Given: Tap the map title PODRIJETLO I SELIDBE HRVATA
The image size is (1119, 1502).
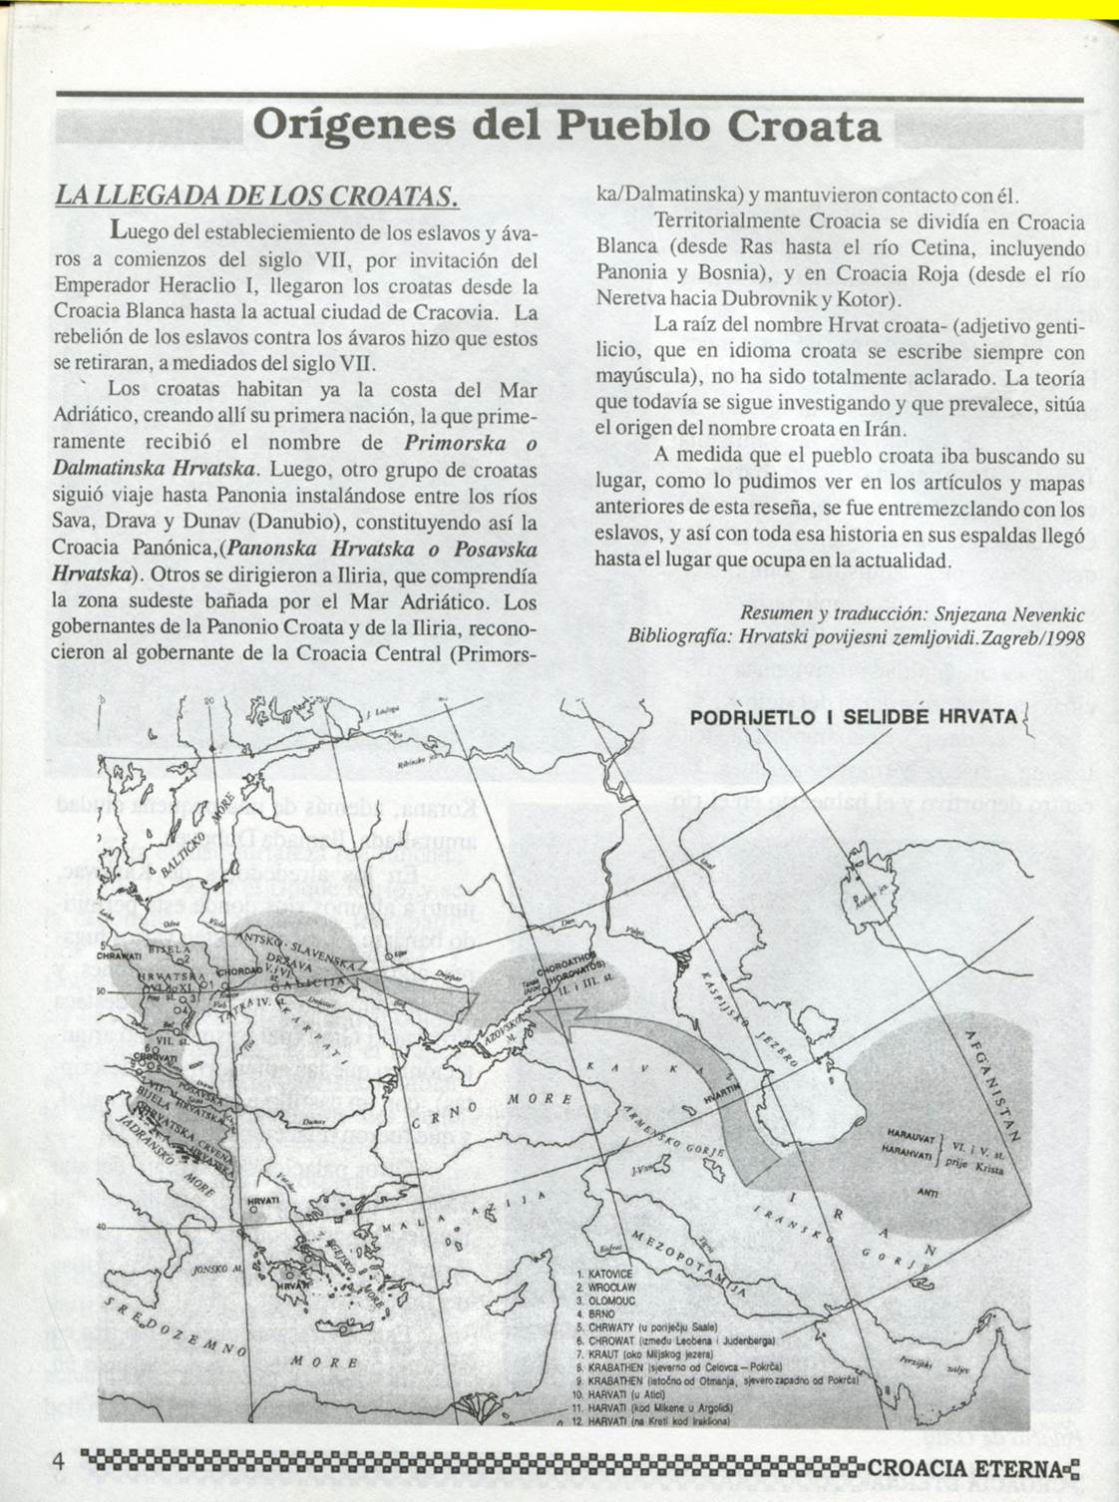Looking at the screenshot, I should tap(854, 718).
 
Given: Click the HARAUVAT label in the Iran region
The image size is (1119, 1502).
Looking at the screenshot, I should tap(906, 1135).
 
